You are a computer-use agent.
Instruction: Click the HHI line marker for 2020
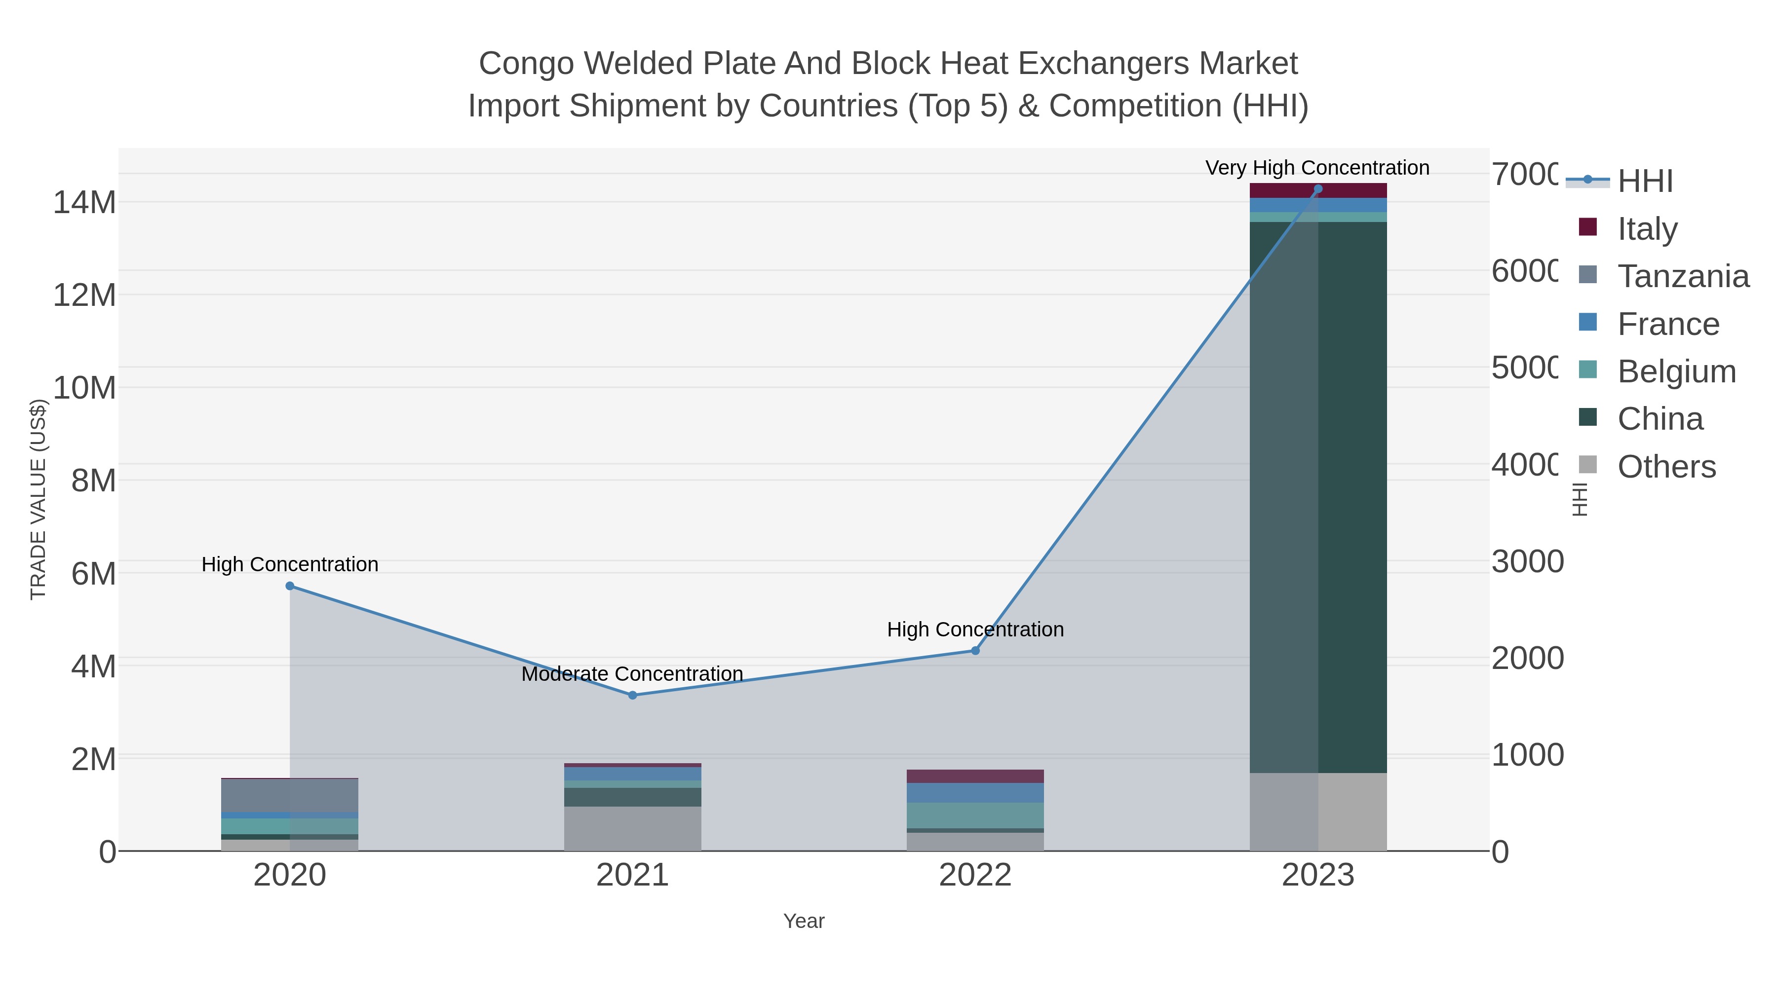point(290,586)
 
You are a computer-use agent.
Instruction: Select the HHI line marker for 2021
point(633,695)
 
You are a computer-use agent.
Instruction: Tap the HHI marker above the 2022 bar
point(975,651)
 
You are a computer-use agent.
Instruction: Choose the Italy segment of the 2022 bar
point(975,777)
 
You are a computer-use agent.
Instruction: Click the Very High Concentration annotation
point(1317,168)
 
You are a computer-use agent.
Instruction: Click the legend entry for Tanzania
point(1683,276)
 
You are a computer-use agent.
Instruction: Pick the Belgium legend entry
point(1676,371)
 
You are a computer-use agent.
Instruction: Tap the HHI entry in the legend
point(1645,182)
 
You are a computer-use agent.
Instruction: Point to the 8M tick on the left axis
point(94,481)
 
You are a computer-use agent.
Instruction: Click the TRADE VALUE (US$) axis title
point(39,499)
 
